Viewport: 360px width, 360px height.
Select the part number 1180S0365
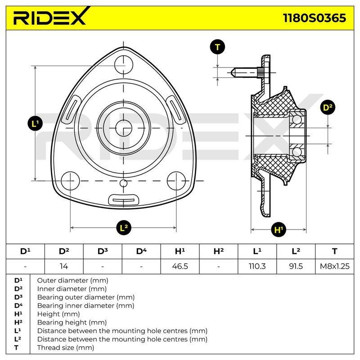coord(314,18)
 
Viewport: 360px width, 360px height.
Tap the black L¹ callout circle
coord(35,124)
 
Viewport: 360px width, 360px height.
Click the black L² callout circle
coord(123,228)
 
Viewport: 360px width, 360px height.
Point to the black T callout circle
coord(217,47)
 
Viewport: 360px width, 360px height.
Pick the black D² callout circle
coord(328,107)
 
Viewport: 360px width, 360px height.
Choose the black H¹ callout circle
coord(279,229)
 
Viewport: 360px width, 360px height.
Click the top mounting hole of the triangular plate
coord(124,64)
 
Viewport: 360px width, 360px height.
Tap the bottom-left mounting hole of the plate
coord(70,181)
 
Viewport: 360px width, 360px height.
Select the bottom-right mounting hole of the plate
coord(176,181)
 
